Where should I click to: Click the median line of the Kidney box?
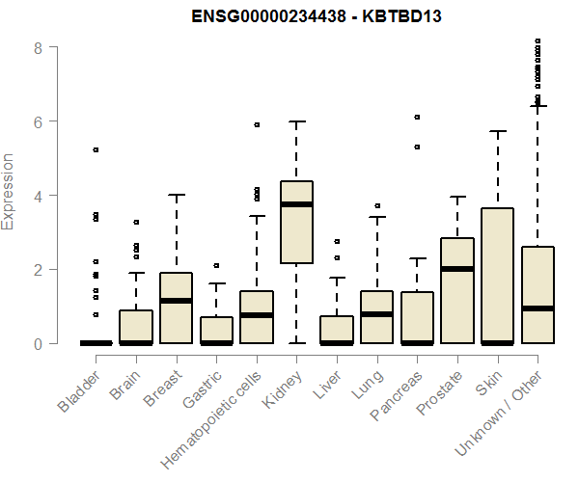(x=296, y=204)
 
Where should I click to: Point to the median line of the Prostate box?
(x=456, y=269)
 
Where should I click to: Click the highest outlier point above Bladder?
(x=96, y=149)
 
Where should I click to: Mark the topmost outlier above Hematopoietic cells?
(x=257, y=124)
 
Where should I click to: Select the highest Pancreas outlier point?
(x=417, y=117)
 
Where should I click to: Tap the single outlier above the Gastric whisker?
(x=216, y=265)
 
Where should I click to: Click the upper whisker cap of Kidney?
(x=296, y=121)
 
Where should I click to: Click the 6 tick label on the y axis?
(x=39, y=121)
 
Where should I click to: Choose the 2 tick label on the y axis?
(x=39, y=270)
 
